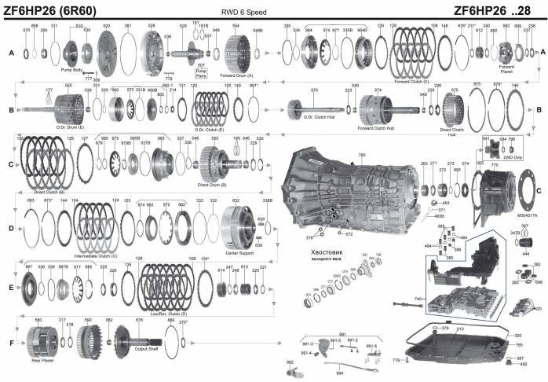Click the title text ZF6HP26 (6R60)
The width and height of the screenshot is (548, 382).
[x=60, y=9]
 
